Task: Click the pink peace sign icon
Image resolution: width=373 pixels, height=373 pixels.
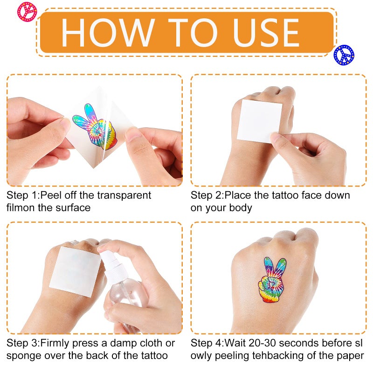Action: tap(27, 12)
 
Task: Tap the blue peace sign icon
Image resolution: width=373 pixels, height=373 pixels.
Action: tap(344, 55)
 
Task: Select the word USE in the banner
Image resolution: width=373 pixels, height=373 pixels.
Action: tap(266, 33)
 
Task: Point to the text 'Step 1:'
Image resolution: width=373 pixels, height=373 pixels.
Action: tap(23, 195)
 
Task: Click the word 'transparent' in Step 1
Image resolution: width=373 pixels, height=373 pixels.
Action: tap(124, 195)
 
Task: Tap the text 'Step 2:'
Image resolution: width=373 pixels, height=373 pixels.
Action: tap(207, 195)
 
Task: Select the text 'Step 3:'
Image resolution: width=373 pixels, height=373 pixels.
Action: tap(23, 343)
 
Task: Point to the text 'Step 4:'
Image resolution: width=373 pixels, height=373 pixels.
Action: tap(207, 343)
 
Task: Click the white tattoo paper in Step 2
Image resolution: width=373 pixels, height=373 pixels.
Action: tap(259, 121)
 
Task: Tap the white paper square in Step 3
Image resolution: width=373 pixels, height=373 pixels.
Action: tap(75, 272)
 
